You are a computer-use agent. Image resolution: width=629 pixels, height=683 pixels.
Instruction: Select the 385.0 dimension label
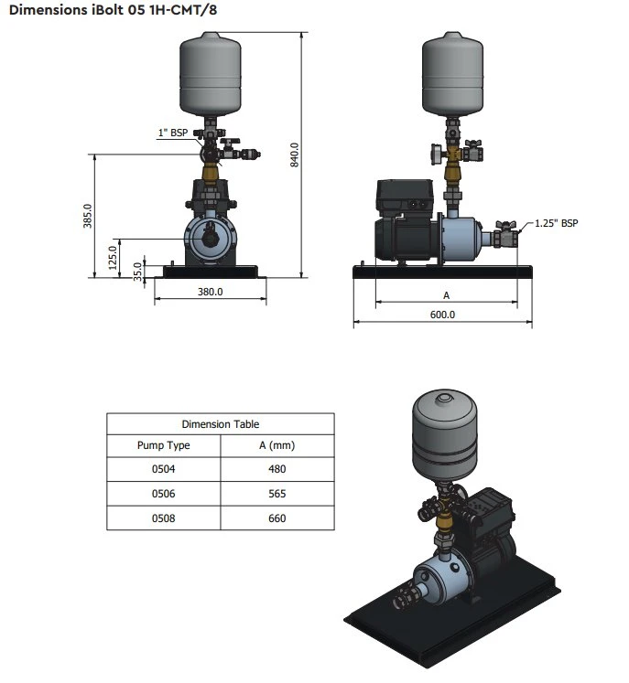tap(89, 216)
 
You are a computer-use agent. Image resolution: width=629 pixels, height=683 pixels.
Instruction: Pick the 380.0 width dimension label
tap(211, 293)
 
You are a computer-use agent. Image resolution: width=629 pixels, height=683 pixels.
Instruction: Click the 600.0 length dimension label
tap(443, 314)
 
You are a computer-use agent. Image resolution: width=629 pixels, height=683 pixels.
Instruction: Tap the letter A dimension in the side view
tap(446, 295)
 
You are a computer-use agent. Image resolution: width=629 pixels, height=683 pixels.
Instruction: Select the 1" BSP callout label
tap(172, 133)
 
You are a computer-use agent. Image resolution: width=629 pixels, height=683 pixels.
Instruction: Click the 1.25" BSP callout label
tap(557, 222)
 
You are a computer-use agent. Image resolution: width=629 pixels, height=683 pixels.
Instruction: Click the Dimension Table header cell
tap(220, 424)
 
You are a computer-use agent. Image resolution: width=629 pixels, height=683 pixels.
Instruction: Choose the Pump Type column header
tap(164, 446)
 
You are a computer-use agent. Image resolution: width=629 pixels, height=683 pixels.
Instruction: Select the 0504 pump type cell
tap(164, 470)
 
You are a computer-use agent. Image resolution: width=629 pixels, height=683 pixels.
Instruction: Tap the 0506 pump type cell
tap(164, 494)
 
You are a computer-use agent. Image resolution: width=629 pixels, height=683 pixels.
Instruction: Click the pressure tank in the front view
tap(211, 69)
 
